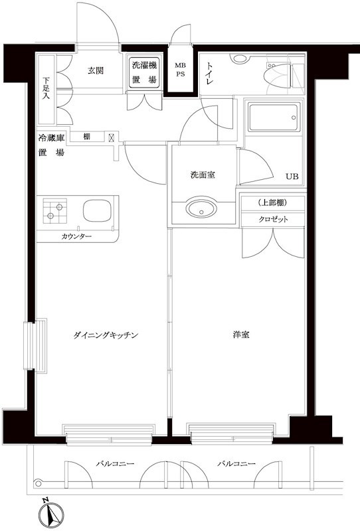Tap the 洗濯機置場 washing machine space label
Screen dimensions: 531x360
pos(143,72)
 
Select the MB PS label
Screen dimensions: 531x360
pos(181,70)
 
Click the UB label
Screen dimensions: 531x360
pos(292,177)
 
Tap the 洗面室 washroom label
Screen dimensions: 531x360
pos(202,175)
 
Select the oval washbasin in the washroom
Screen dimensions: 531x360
pos(202,210)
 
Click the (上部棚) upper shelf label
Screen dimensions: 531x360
pos(272,202)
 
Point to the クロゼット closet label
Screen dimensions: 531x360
pos(272,220)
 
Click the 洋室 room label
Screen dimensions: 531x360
pos(242,335)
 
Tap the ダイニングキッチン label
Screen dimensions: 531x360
pos(106,335)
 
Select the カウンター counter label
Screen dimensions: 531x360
pos(76,237)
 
